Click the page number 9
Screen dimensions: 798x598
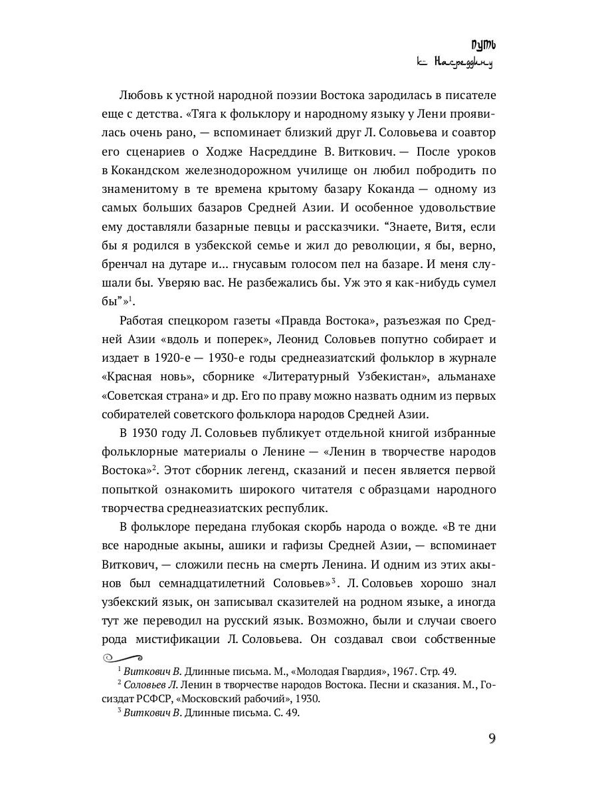492,739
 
